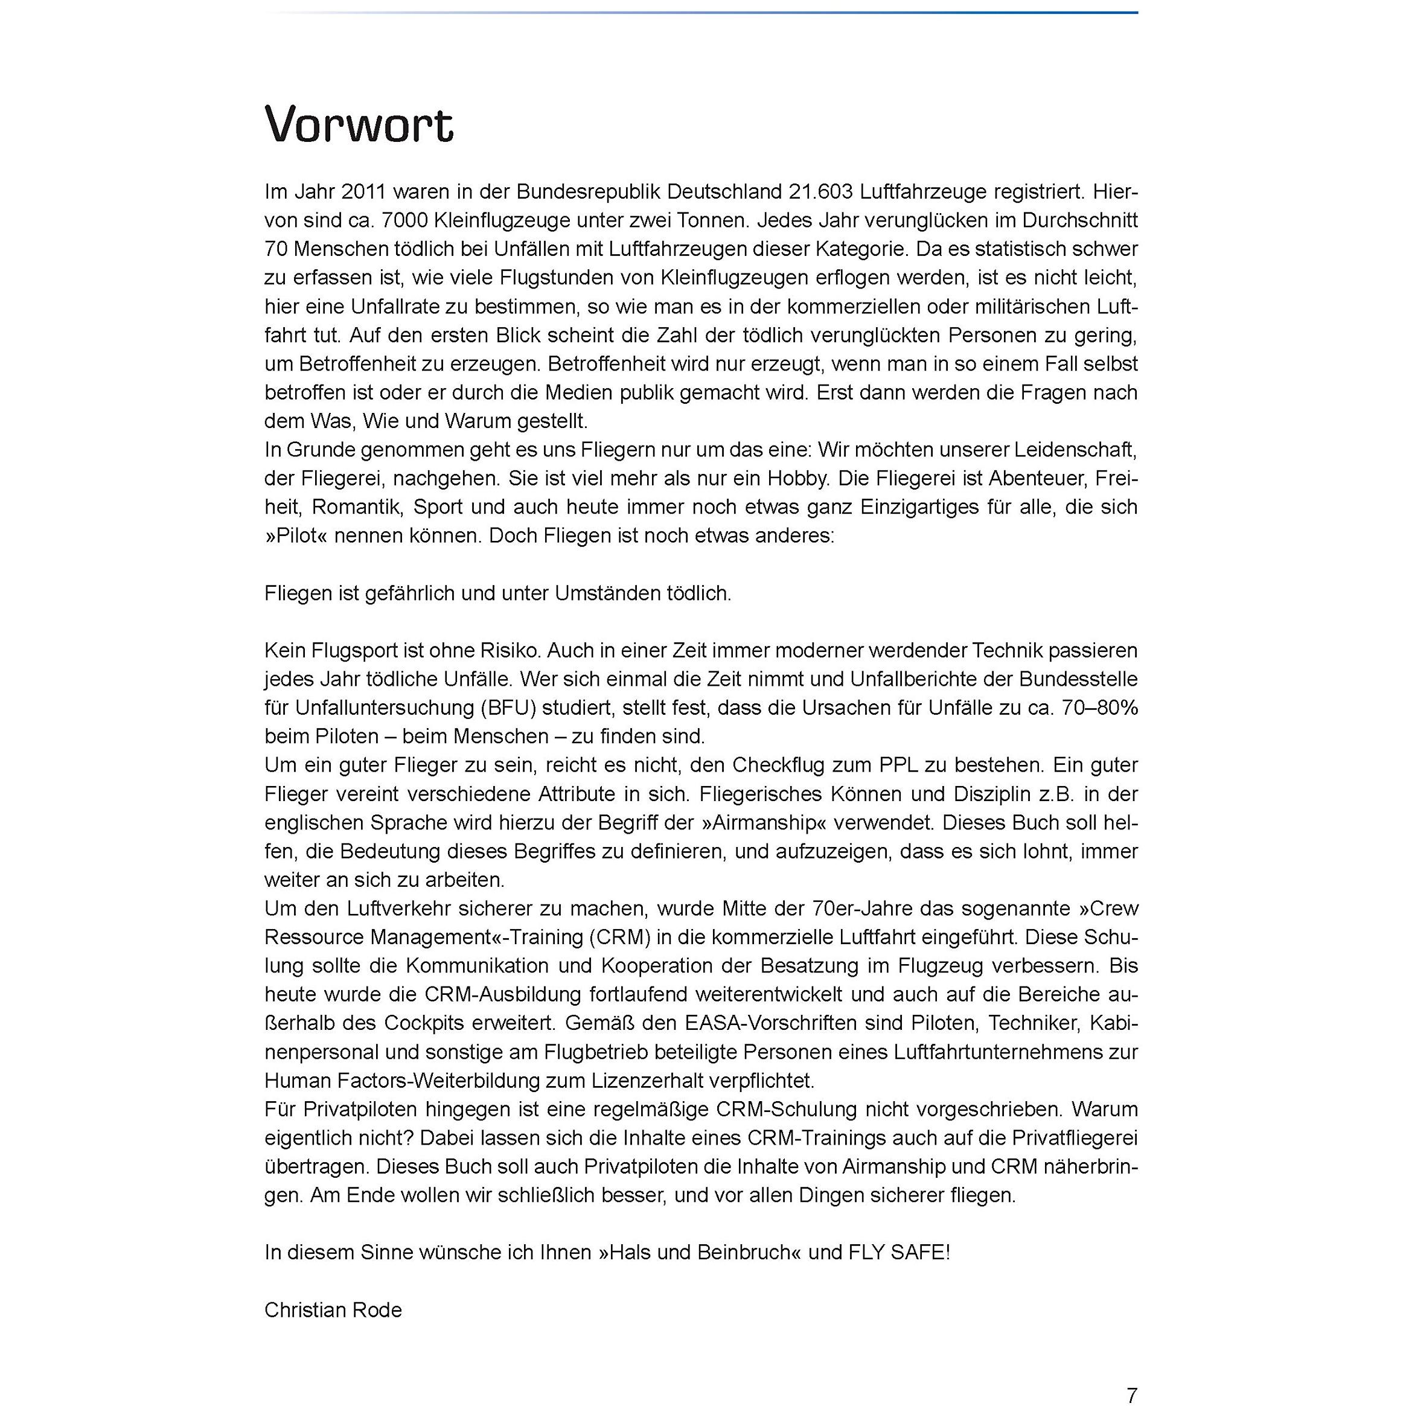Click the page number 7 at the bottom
click(1132, 1395)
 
